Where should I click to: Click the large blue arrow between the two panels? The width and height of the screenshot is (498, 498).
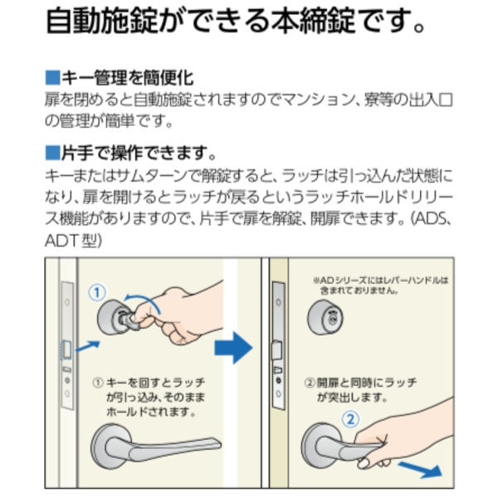coord(234,348)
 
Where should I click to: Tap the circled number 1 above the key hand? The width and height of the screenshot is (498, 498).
coord(97,292)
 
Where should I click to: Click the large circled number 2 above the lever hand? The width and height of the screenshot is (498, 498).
coord(350,419)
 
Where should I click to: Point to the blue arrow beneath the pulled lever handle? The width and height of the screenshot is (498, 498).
coord(421,470)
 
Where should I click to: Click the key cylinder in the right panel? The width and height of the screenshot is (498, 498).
coord(325,317)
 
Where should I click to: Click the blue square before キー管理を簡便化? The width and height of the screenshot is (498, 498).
coord(52,78)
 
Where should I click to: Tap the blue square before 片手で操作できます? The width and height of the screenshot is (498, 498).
coord(52,153)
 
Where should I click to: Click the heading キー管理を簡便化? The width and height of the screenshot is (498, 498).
coord(127,78)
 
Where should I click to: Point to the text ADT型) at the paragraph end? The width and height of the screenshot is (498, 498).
coord(73,241)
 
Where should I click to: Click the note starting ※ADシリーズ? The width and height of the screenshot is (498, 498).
coord(380,286)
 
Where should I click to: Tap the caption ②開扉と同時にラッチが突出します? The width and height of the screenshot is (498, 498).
coord(360,390)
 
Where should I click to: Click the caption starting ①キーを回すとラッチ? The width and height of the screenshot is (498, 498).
coord(149,397)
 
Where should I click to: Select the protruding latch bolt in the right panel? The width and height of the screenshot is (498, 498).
coord(276,349)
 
